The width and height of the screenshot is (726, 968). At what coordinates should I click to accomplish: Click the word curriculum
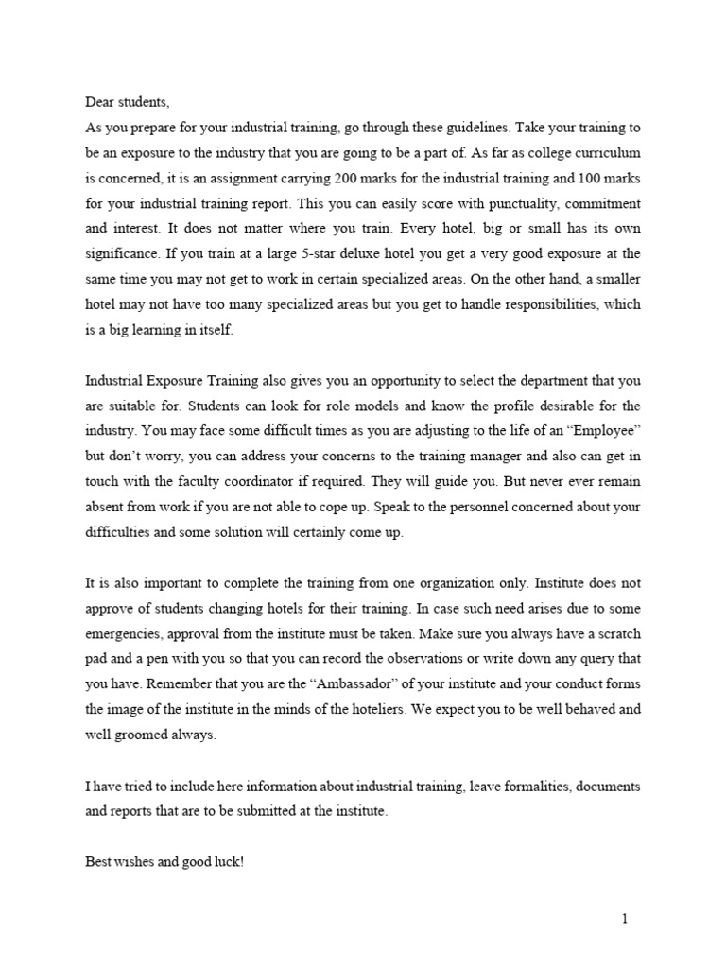click(x=607, y=151)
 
